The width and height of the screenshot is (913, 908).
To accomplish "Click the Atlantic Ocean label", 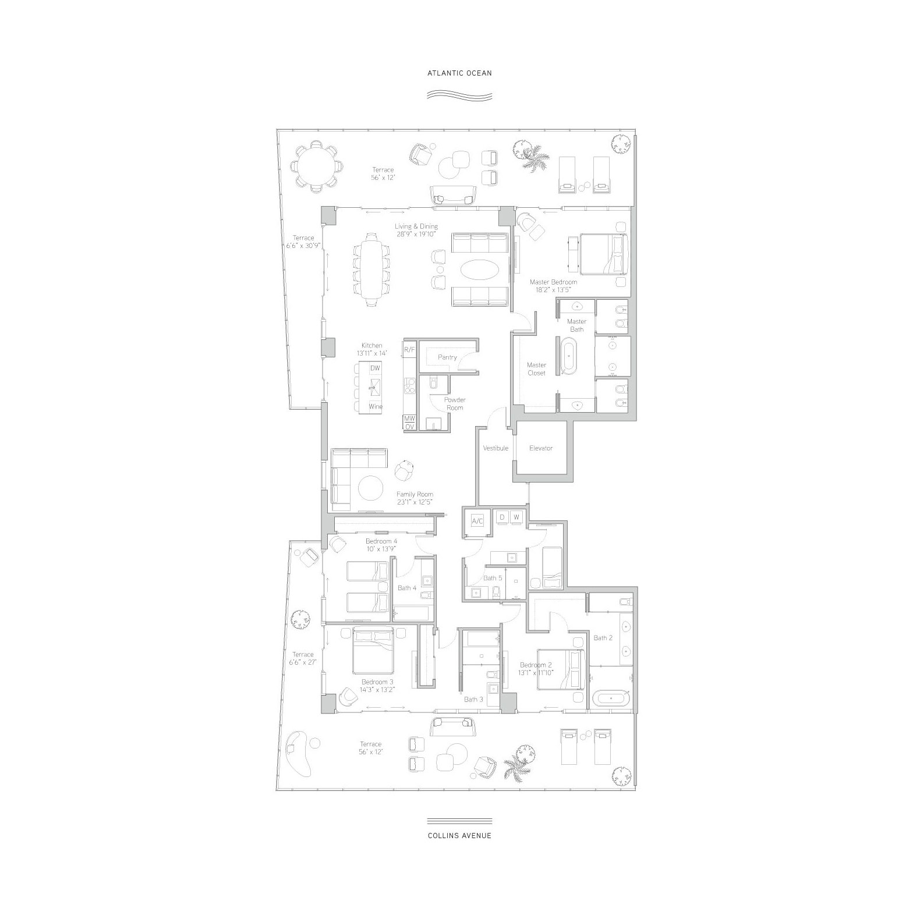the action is click(x=459, y=73).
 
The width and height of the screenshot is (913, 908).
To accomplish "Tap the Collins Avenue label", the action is click(x=459, y=835).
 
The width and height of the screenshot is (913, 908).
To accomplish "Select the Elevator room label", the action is click(x=541, y=448).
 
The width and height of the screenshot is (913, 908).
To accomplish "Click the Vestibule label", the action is click(x=496, y=448).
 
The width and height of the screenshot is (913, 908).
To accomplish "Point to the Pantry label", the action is click(x=447, y=357).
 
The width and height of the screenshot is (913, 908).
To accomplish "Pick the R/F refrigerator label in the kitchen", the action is click(x=409, y=349).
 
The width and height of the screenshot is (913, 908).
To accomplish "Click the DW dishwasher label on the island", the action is click(x=374, y=368).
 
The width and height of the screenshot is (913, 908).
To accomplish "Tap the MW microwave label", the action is click(x=409, y=418).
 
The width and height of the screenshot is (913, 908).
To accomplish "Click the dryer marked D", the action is click(x=502, y=517).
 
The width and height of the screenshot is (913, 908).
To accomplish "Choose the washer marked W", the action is click(x=516, y=517).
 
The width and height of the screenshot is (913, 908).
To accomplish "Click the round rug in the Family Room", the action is click(x=371, y=488).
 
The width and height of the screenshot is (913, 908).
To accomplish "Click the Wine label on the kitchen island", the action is click(x=376, y=406).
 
